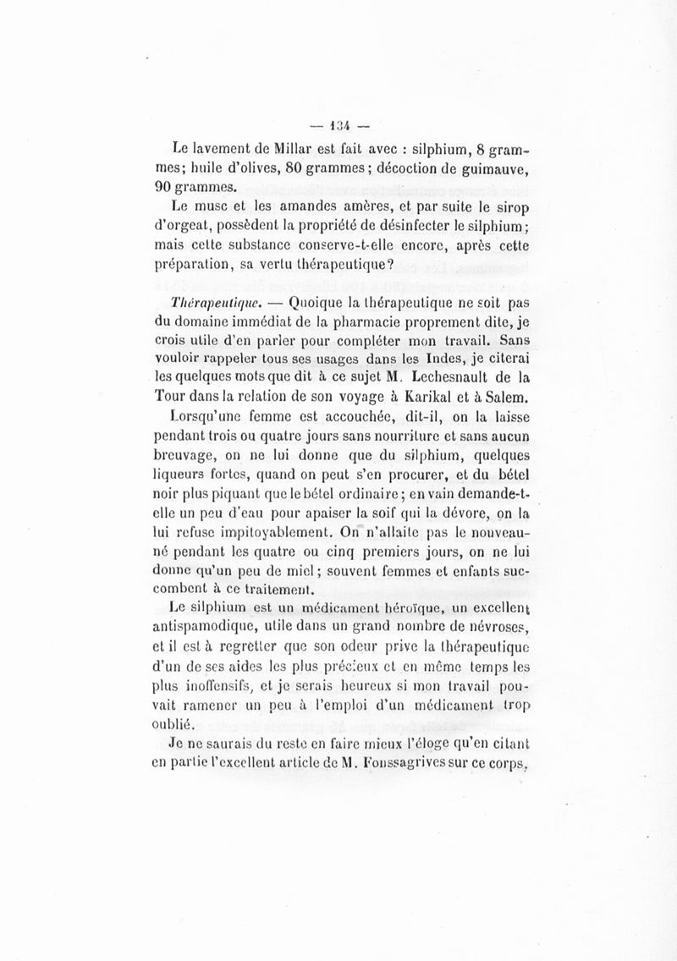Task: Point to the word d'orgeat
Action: [x=201, y=228]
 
